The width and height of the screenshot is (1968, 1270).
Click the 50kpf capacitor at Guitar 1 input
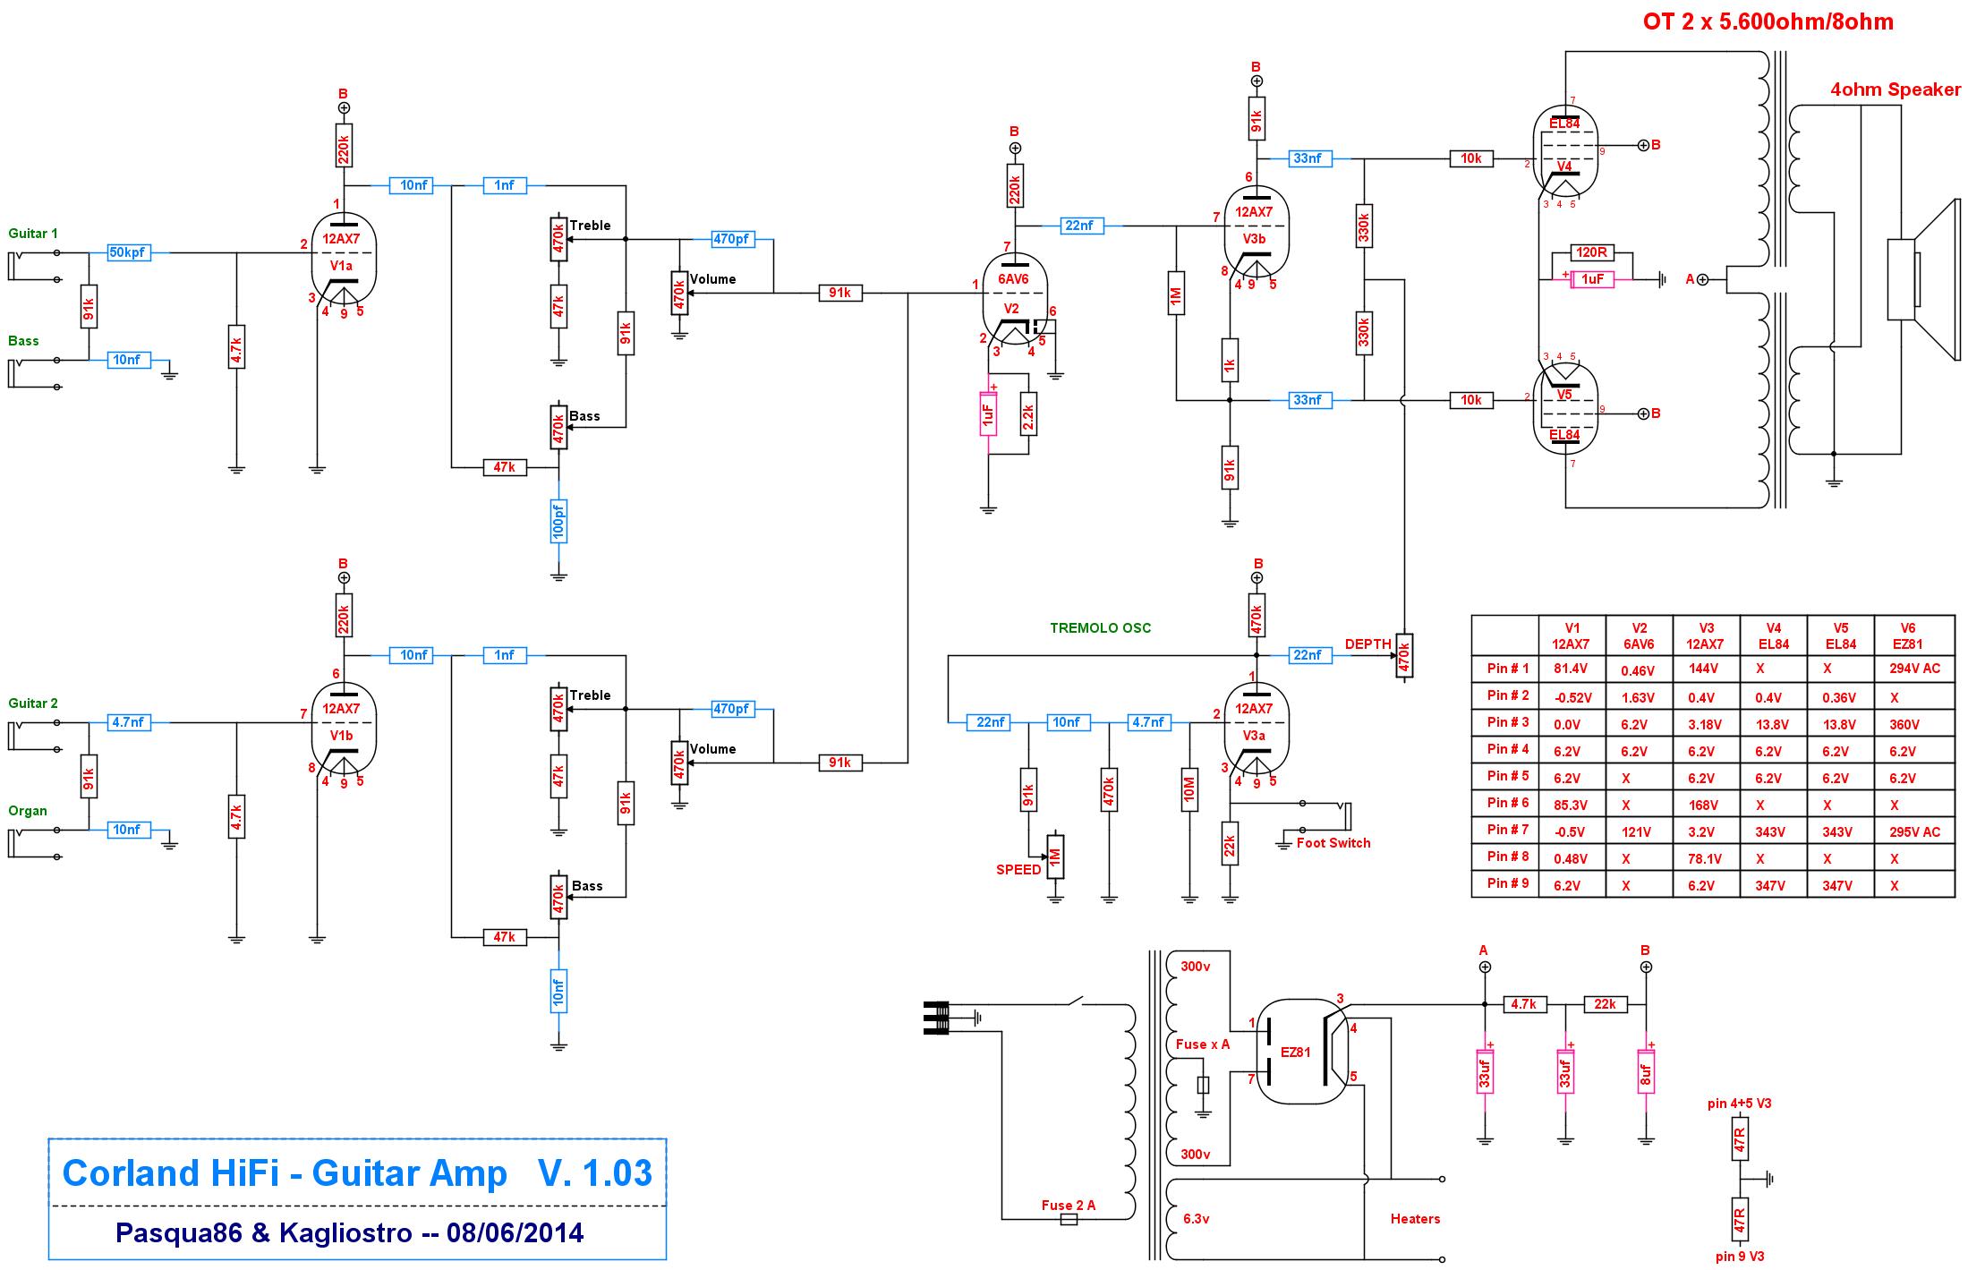pos(127,252)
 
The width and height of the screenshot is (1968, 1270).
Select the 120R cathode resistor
pos(1592,252)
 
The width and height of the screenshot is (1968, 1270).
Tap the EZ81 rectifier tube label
pos(1295,1052)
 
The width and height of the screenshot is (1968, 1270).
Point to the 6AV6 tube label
pos(1013,279)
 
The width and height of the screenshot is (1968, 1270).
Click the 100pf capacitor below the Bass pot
pos(558,522)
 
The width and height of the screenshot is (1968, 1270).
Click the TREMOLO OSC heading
pos(1100,628)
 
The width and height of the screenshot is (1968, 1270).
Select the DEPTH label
pos(1367,644)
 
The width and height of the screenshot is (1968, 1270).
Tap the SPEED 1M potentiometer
pos(1055,857)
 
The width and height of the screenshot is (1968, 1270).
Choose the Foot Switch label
pos(1333,843)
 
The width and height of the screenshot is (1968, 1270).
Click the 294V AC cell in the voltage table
pos(1914,669)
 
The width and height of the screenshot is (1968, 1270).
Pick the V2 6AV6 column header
pos(1639,636)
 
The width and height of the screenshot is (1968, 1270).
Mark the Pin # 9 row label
pos(1508,883)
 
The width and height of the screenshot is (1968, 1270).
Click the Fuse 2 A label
pos(1068,1206)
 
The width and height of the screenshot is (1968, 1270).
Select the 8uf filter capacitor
pos(1646,1071)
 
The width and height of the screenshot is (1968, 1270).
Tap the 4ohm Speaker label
pos(1896,89)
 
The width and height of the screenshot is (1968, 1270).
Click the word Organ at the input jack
pos(28,811)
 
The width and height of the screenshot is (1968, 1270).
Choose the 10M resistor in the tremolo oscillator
pos(1189,789)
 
